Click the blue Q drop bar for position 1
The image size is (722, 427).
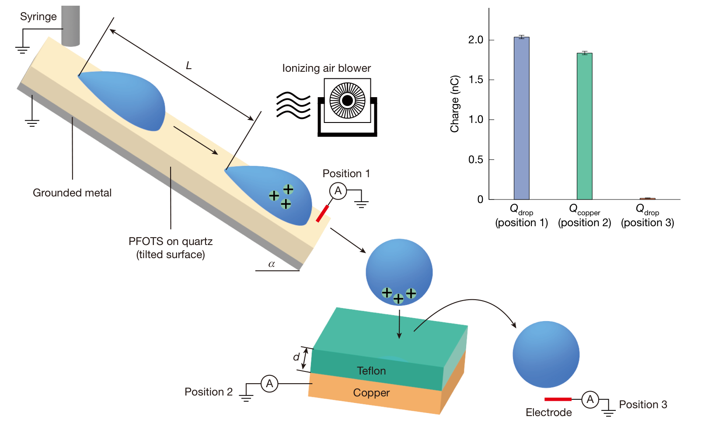click(x=522, y=119)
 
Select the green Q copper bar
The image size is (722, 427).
click(x=585, y=126)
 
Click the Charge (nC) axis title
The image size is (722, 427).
click(x=454, y=104)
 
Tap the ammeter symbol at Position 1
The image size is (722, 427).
click(x=338, y=191)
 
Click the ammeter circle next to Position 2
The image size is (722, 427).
click(x=269, y=383)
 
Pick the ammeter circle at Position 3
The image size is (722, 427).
click(x=590, y=399)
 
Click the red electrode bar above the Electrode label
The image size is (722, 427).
click(x=558, y=399)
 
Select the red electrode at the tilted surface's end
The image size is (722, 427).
click(x=322, y=214)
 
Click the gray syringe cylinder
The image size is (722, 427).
click(x=70, y=26)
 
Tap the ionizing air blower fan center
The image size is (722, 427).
click(x=347, y=101)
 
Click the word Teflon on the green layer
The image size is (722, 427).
click(x=371, y=371)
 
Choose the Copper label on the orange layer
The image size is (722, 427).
click(x=371, y=393)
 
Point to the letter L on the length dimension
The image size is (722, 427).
click(x=189, y=66)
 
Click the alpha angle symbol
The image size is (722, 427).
click(x=272, y=264)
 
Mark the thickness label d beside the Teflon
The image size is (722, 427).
click(x=296, y=357)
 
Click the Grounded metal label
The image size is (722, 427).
click(x=72, y=193)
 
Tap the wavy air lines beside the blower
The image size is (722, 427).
click(x=293, y=105)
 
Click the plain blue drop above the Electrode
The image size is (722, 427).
click(x=546, y=354)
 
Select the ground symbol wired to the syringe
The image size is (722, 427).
click(x=23, y=50)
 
